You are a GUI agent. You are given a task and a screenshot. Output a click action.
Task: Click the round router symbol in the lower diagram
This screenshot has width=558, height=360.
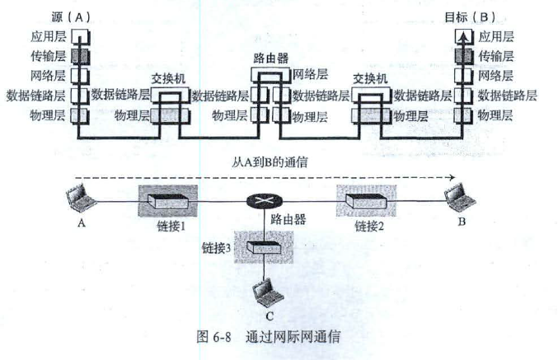263,200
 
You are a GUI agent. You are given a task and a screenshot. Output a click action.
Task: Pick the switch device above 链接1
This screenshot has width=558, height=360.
168,199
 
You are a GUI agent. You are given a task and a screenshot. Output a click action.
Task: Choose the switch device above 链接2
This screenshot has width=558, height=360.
365,199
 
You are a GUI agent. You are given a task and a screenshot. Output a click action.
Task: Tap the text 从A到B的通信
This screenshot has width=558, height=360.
265,161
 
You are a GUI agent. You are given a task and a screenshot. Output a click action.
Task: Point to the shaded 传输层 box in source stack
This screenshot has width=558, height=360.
77,56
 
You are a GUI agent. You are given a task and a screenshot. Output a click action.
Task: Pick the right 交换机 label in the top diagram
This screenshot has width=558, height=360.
371,79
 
